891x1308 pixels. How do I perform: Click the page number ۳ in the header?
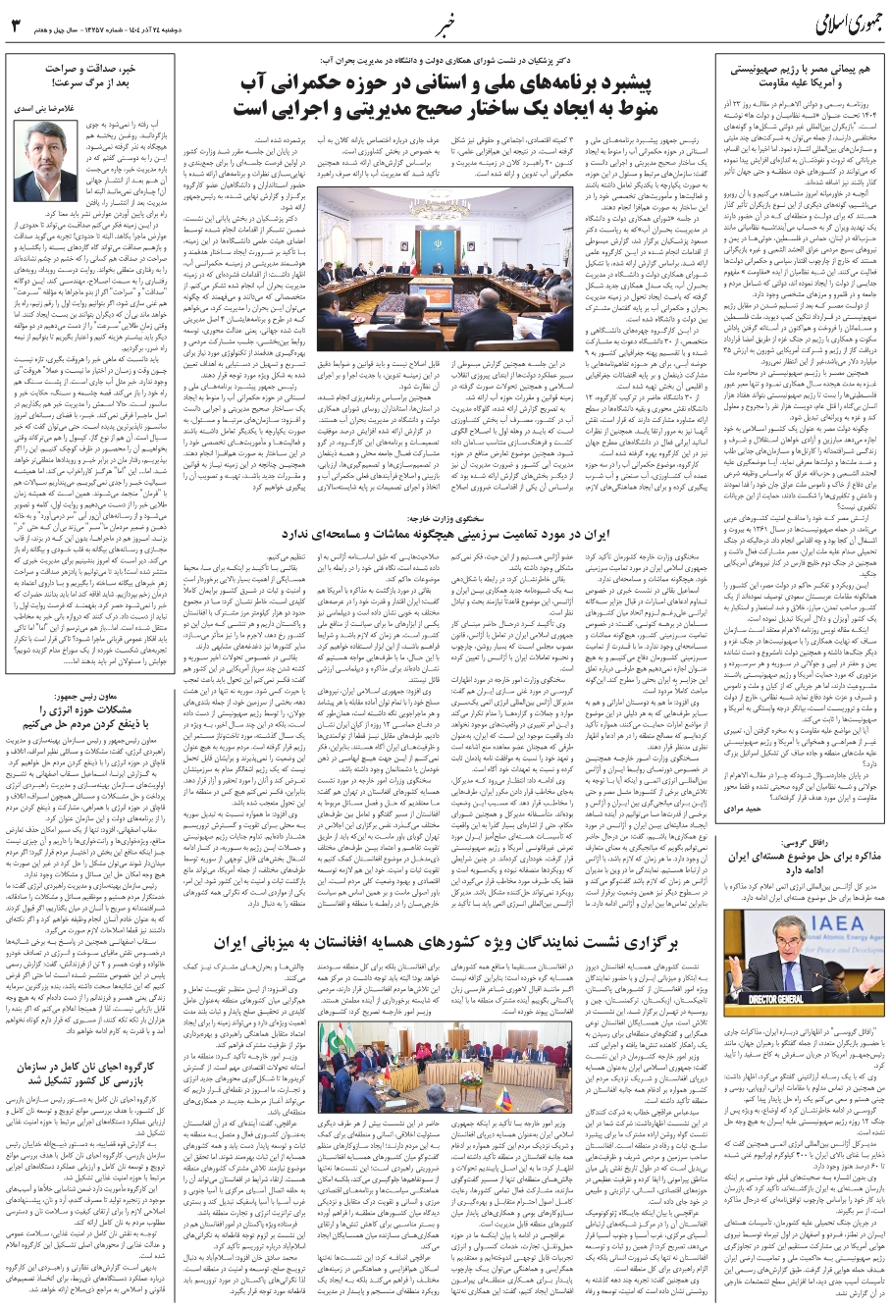pos(16,26)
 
